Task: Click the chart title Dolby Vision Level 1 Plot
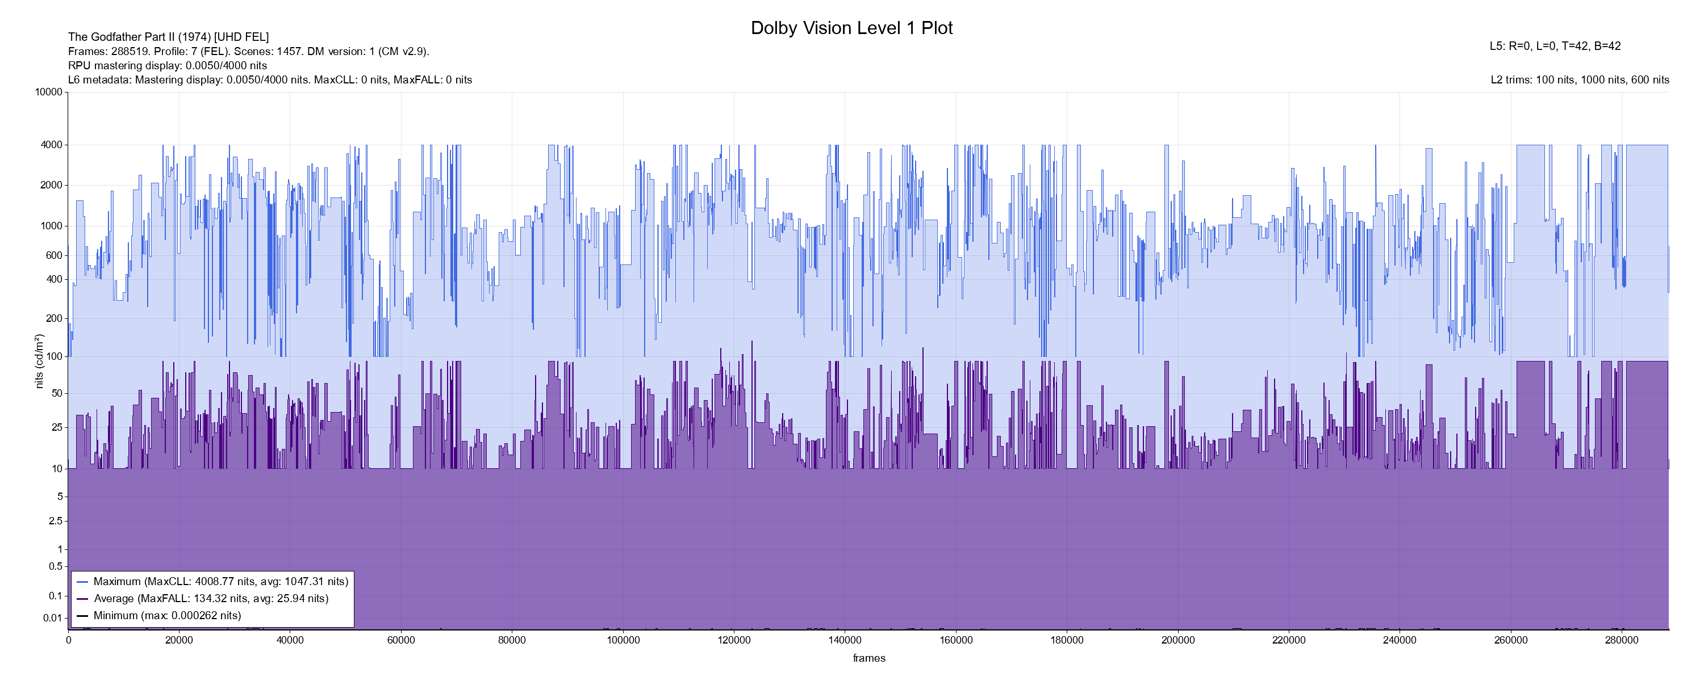851,28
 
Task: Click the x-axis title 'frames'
868,658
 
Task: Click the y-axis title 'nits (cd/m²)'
39,361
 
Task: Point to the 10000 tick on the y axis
48,92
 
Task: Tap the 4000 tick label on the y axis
51,145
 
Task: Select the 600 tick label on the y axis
53,255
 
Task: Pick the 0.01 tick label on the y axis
52,618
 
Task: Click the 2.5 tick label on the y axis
56,521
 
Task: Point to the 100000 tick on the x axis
623,640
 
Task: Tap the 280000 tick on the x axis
1622,640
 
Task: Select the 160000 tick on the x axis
957,640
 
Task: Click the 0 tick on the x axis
68,640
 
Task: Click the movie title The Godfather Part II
168,37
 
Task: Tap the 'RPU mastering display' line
168,65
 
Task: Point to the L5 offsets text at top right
1555,47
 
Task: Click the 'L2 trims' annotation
1580,80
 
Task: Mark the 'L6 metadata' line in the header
270,80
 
